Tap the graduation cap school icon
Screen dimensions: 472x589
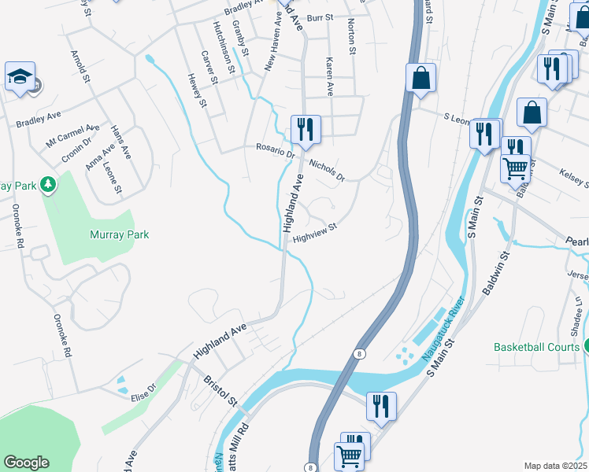click(20, 77)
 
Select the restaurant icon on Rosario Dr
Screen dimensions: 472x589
click(306, 128)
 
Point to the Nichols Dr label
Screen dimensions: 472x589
click(327, 170)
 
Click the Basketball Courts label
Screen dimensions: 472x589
click(535, 346)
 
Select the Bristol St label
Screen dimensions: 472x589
click(221, 390)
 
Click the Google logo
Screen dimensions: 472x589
click(26, 463)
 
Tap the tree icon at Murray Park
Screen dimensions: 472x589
click(49, 184)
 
